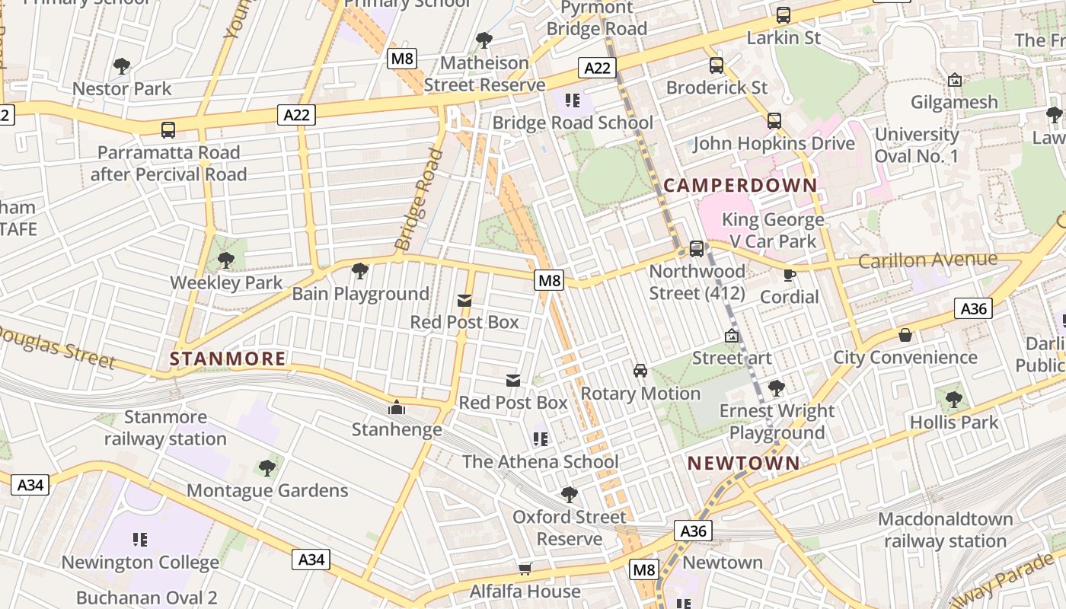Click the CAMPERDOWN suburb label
tap(740, 185)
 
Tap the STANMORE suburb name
tap(228, 359)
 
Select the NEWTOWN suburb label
tap(744, 463)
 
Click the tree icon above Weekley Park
tap(225, 260)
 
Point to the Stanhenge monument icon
tap(396, 408)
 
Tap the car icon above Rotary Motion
tap(640, 371)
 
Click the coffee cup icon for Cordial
tap(790, 275)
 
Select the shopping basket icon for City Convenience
tap(905, 335)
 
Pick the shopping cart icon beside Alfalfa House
tap(525, 569)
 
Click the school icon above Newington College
tap(139, 540)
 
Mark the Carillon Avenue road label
tap(927, 260)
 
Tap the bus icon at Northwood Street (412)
tap(696, 249)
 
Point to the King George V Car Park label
tap(773, 231)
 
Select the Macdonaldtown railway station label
tap(945, 531)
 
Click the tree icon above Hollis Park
tap(953, 400)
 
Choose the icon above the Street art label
tap(732, 336)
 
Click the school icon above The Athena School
tap(541, 439)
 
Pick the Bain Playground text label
tap(361, 294)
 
